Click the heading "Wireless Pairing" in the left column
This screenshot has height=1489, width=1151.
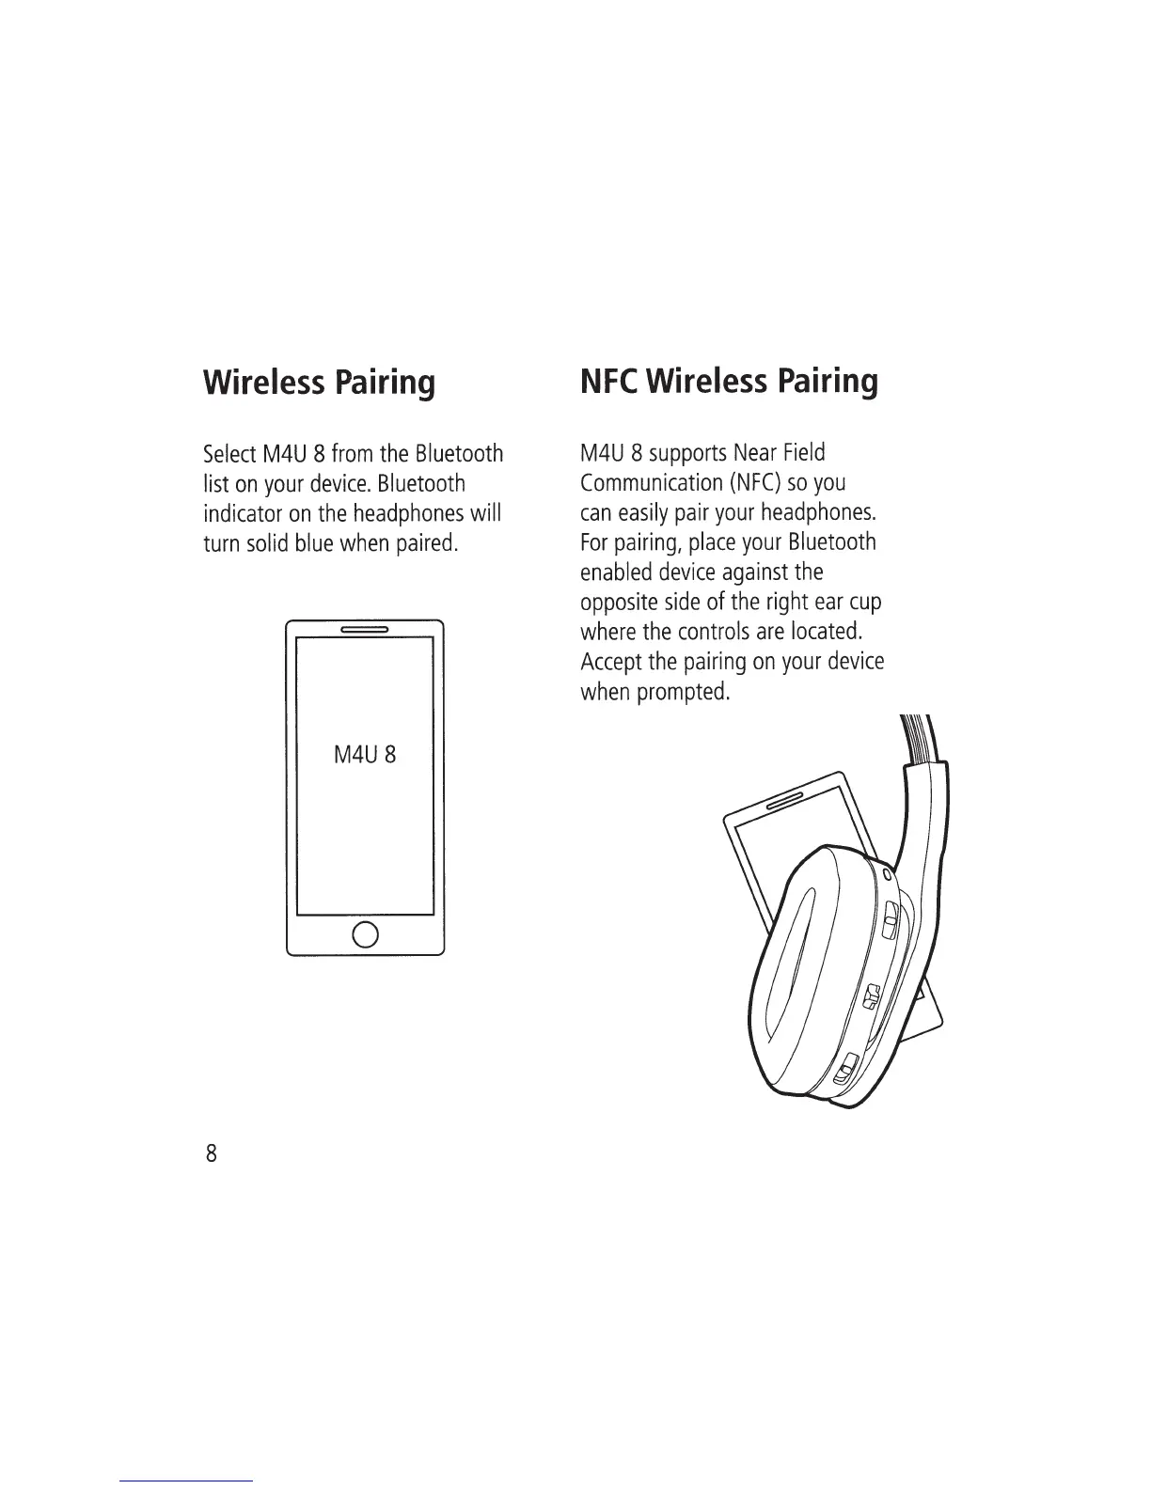(319, 383)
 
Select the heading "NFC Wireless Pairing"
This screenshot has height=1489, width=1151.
(729, 381)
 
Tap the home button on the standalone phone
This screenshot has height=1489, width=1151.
(365, 933)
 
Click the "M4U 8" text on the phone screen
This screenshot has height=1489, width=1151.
(365, 754)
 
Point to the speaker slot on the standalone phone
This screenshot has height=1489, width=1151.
(365, 630)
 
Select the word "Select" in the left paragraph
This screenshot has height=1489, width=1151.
(229, 455)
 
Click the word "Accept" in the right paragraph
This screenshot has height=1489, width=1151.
(608, 664)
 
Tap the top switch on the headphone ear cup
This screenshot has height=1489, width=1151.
(889, 921)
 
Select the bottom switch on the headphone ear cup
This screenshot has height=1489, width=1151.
(846, 1068)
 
